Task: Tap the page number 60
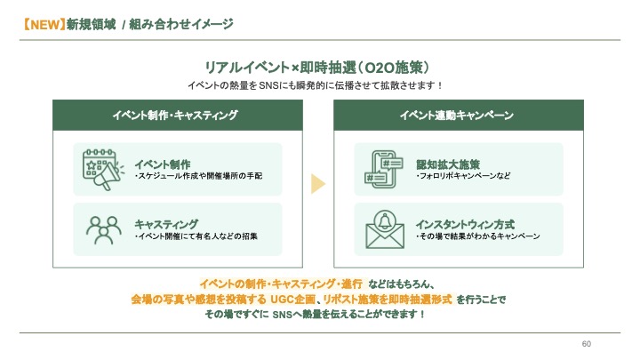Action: (x=586, y=344)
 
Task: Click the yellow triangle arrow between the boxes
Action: (x=318, y=184)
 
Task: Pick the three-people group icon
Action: (x=104, y=230)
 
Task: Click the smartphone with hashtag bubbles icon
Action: (x=384, y=169)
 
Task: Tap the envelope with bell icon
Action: (x=385, y=229)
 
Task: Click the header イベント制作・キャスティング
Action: (x=175, y=115)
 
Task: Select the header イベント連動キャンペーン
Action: (x=456, y=115)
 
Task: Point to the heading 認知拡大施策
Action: (x=448, y=164)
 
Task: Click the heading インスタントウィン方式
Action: (x=465, y=225)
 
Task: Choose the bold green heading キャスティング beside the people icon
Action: (x=166, y=225)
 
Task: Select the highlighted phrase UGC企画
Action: (x=293, y=300)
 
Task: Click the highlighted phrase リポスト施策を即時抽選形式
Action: (x=388, y=300)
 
